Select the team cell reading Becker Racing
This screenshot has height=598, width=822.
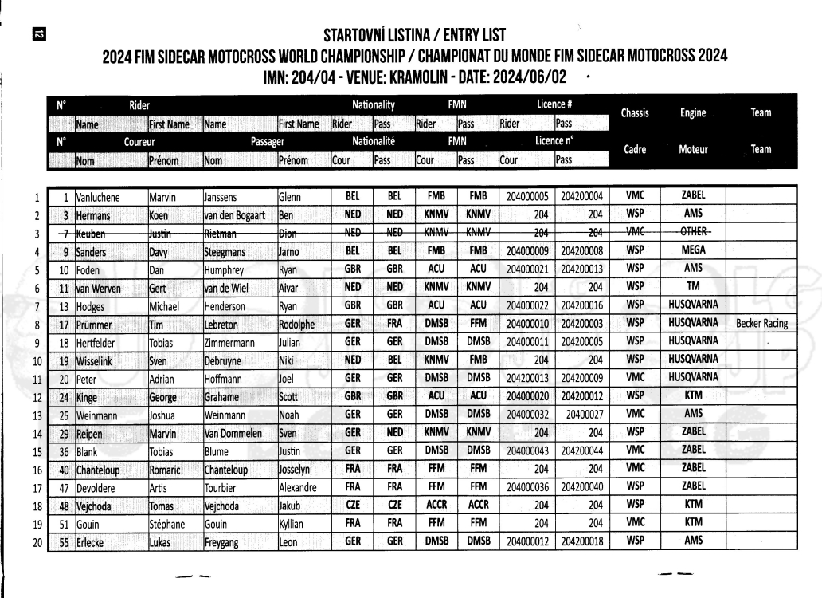pos(762,324)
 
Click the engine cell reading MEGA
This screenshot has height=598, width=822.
pos(693,250)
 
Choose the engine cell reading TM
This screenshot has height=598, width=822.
pos(693,287)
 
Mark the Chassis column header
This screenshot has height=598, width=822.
pos(635,112)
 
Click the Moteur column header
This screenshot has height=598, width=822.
pos(693,149)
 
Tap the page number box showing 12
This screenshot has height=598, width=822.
pos(37,33)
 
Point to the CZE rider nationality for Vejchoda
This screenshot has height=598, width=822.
pos(352,506)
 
